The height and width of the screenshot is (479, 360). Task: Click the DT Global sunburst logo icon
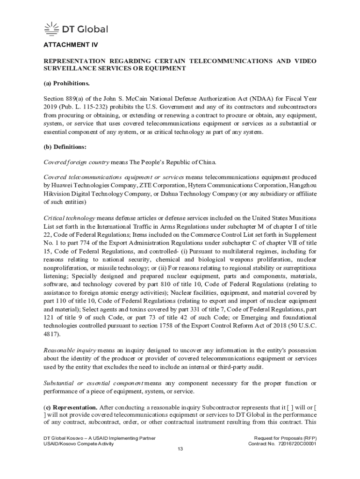pyautogui.click(x=51, y=29)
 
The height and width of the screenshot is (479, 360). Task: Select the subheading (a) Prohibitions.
pyautogui.click(x=66, y=84)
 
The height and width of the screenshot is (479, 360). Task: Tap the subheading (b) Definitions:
pyautogui.click(x=65, y=147)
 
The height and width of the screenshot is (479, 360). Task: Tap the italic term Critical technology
pyautogui.click(x=70, y=218)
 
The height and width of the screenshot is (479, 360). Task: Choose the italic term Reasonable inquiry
pyautogui.click(x=70, y=350)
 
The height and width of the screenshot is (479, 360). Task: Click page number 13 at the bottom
pyautogui.click(x=180, y=449)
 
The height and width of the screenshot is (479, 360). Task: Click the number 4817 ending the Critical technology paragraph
pyautogui.click(x=51, y=334)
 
